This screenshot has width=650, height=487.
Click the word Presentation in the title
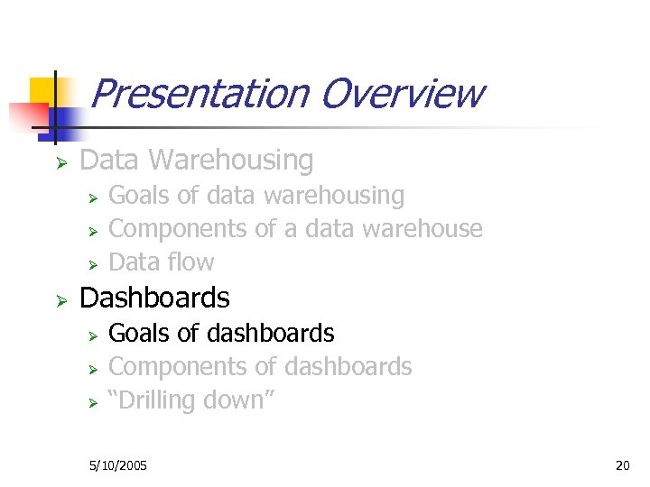(198, 94)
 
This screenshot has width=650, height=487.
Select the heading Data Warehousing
(197, 161)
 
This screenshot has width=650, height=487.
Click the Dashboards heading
(155, 298)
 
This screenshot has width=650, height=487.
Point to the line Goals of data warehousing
(256, 195)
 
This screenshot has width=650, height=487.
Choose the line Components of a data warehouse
(295, 229)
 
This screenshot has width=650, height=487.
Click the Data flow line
(162, 262)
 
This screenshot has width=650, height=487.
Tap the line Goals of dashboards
(221, 333)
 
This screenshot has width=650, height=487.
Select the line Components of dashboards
(260, 367)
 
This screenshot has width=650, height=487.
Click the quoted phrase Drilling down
(190, 400)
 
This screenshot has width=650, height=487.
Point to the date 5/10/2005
(118, 465)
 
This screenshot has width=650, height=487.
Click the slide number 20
(622, 465)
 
